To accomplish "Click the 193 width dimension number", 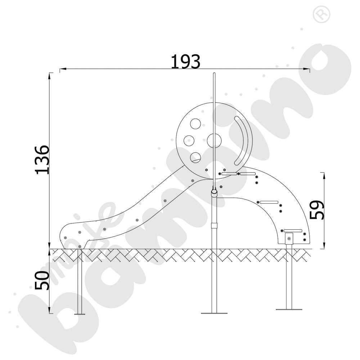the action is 185,62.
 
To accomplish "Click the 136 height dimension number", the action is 42,160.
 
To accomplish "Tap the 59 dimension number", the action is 317,210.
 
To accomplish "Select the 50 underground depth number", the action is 42,280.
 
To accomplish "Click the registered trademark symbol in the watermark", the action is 321,14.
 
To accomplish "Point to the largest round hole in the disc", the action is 214,141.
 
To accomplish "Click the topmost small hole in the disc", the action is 195,124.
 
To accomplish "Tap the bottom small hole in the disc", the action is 195,158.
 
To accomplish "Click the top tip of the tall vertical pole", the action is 214,73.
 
